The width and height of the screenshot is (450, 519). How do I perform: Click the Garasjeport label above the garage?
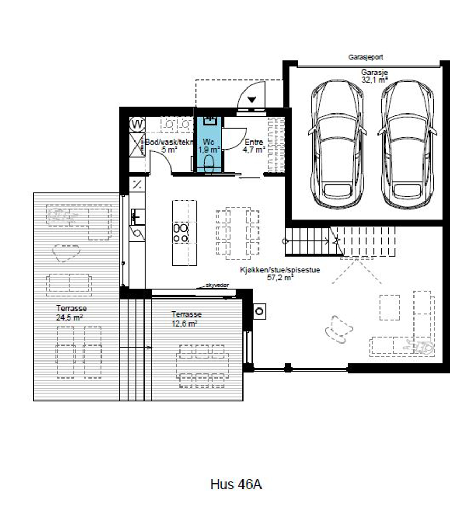366,57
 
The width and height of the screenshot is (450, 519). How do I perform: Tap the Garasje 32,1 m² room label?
374,76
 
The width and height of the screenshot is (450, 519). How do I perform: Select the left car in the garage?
337,144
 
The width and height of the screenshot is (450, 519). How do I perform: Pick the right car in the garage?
407,144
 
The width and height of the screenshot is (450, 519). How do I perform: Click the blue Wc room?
210,144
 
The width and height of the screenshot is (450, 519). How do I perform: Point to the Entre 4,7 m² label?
254,146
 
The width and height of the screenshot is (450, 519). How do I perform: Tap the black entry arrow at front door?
252,99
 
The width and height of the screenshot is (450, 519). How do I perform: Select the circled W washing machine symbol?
137,125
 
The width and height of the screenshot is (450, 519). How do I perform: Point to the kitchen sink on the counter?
138,217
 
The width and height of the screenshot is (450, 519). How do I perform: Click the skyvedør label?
217,285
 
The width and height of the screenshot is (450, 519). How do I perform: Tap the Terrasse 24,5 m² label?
71,313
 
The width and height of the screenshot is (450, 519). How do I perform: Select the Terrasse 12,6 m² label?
186,319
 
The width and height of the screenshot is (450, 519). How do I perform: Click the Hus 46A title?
236,484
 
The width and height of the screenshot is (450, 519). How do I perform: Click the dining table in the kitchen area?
238,233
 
